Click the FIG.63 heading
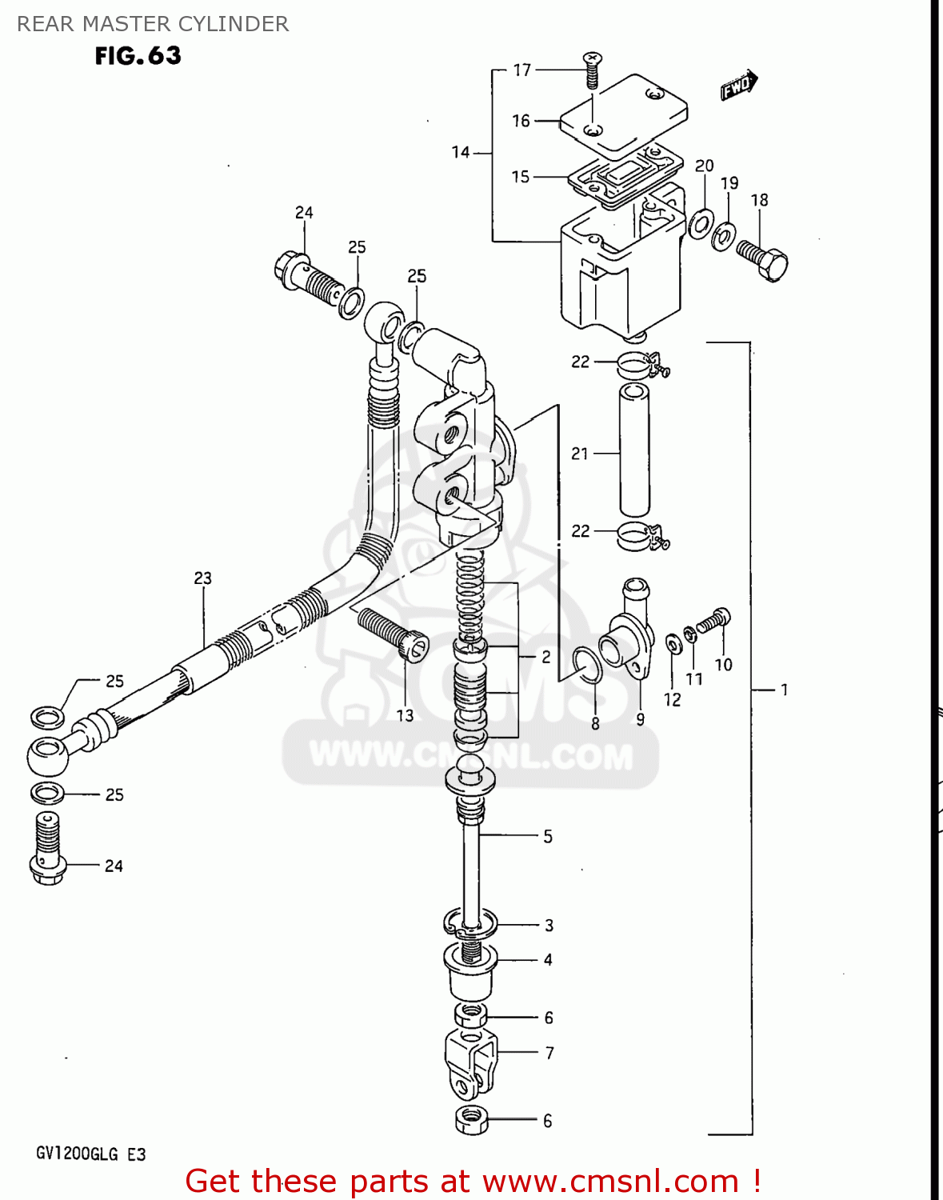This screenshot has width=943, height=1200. pyautogui.click(x=138, y=55)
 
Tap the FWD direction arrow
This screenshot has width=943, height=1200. pyautogui.click(x=738, y=85)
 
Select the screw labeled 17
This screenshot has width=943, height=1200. pyautogui.click(x=591, y=70)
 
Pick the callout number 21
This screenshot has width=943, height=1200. pyautogui.click(x=580, y=454)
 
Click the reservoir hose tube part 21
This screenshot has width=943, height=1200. pyautogui.click(x=634, y=450)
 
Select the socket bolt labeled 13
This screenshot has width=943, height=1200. pyautogui.click(x=393, y=634)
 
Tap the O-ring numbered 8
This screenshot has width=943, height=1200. pyautogui.click(x=588, y=665)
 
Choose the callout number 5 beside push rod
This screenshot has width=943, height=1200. pyautogui.click(x=548, y=837)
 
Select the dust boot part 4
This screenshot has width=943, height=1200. pyautogui.click(x=470, y=970)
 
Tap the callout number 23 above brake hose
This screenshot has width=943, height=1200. pyautogui.click(x=202, y=578)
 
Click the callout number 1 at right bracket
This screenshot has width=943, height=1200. pyautogui.click(x=784, y=689)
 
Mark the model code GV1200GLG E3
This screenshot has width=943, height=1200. pyautogui.click(x=90, y=1154)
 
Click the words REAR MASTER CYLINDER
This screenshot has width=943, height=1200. pyautogui.click(x=153, y=24)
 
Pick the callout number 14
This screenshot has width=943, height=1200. pyautogui.click(x=461, y=152)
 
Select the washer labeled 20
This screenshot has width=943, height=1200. pyautogui.click(x=701, y=223)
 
